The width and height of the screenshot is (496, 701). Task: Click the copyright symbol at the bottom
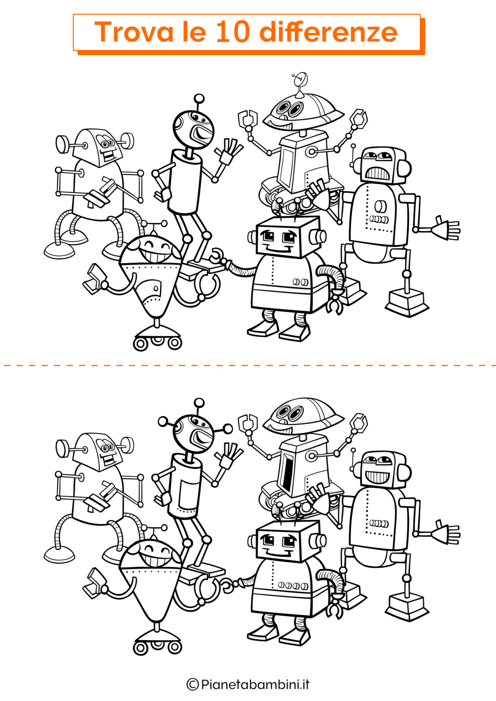[x=193, y=684]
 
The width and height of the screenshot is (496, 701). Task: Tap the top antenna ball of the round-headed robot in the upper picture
[x=199, y=99]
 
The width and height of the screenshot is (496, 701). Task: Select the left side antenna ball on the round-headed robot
[x=163, y=421]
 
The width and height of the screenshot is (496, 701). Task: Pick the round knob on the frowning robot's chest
[x=380, y=207]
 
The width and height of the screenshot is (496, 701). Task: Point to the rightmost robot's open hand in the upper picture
[x=445, y=228]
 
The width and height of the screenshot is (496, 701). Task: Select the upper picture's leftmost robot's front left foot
[x=59, y=251]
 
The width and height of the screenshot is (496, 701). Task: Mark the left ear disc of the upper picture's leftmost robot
[x=62, y=144]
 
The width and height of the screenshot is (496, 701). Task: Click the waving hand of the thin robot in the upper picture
[x=229, y=152]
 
